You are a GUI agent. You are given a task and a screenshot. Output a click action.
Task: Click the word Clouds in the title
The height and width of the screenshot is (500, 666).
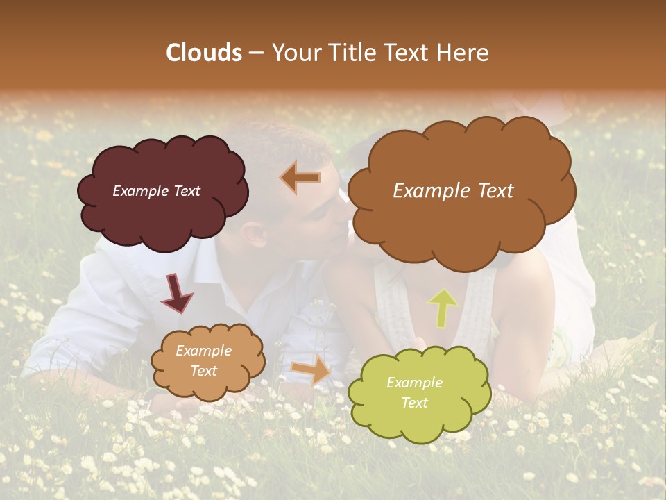coord(204,53)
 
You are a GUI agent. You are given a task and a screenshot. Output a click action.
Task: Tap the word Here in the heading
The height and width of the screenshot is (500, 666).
coord(464,53)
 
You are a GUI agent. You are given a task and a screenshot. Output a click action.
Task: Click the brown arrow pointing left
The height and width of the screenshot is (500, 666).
coord(300,178)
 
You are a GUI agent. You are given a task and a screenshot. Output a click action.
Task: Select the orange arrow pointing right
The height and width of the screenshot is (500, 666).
coord(311,369)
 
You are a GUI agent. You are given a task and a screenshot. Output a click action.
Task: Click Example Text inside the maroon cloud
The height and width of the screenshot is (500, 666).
coord(156,191)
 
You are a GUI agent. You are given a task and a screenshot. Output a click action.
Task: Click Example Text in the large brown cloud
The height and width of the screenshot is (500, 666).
coord(453,191)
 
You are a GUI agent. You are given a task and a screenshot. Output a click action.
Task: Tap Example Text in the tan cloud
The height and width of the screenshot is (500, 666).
coord(203,360)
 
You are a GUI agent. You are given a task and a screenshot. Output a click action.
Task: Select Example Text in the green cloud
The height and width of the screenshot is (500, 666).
coord(414,392)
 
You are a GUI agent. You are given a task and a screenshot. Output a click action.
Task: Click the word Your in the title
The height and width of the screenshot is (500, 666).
coord(295,53)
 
